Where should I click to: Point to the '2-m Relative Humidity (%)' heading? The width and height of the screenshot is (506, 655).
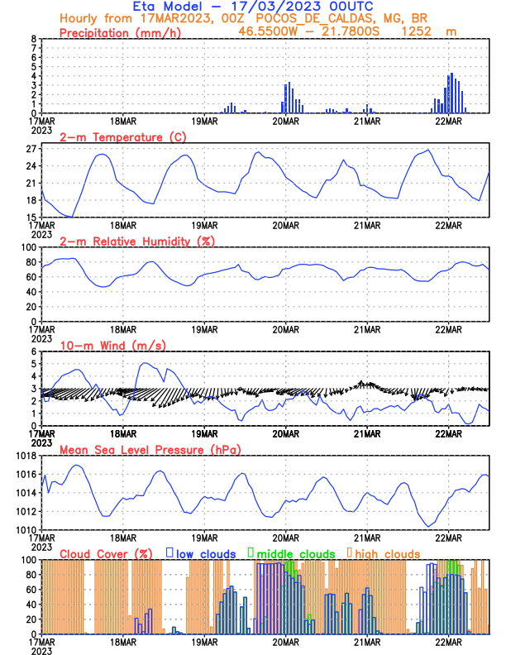point(137,241)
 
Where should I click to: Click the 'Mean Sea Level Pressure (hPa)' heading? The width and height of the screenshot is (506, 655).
point(146,449)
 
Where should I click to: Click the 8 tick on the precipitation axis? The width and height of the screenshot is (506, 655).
point(33,39)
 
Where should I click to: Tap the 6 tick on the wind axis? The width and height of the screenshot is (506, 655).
point(33,351)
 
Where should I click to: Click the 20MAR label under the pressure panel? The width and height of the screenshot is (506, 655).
point(285,537)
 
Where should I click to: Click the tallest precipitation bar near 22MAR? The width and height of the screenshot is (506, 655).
point(451,93)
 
